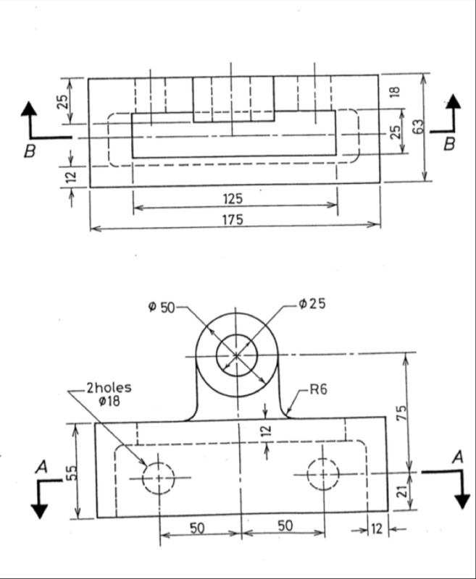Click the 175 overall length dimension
233,219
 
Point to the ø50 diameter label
162,306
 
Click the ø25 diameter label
312,304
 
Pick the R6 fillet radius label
318,390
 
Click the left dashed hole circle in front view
158,478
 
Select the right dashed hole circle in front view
322,474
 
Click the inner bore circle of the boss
237,355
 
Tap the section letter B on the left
30,151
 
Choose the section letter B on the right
449,144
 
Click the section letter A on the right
456,457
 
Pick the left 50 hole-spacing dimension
197,527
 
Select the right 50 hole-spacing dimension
285,525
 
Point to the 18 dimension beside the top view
395,92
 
